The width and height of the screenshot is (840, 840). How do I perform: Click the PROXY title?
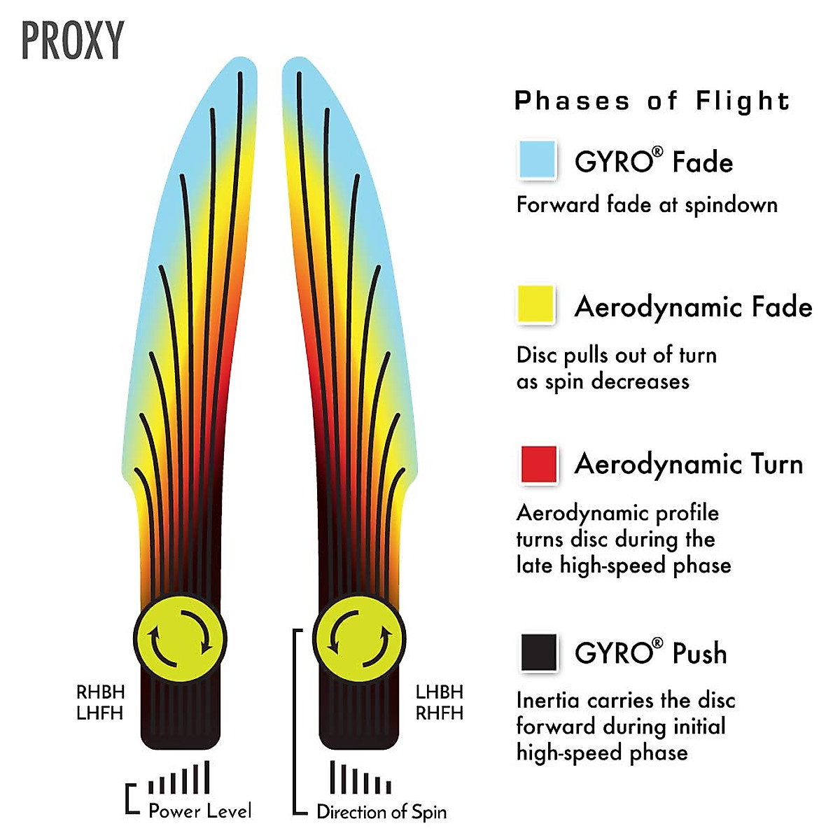click(x=73, y=41)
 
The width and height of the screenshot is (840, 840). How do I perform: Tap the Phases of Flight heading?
click(x=652, y=101)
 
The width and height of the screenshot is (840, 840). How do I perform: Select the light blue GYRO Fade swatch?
click(x=538, y=160)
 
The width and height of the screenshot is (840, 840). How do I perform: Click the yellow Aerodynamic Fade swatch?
click(x=536, y=304)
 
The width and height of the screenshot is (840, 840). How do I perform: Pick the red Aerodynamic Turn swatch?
click(x=539, y=464)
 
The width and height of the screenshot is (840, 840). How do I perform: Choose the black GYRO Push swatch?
click(x=539, y=652)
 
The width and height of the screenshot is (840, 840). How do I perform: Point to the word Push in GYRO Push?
click(x=699, y=653)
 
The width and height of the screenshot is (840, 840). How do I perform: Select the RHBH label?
click(x=101, y=692)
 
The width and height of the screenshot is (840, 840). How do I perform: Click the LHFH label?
click(x=100, y=713)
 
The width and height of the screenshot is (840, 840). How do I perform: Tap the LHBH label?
click(x=440, y=692)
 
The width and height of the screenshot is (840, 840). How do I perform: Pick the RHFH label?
click(x=440, y=713)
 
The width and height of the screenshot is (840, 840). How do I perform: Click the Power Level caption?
click(x=200, y=811)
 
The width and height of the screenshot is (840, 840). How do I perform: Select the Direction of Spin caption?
click(x=381, y=812)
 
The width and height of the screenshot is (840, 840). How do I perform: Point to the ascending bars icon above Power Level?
click(x=179, y=778)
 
